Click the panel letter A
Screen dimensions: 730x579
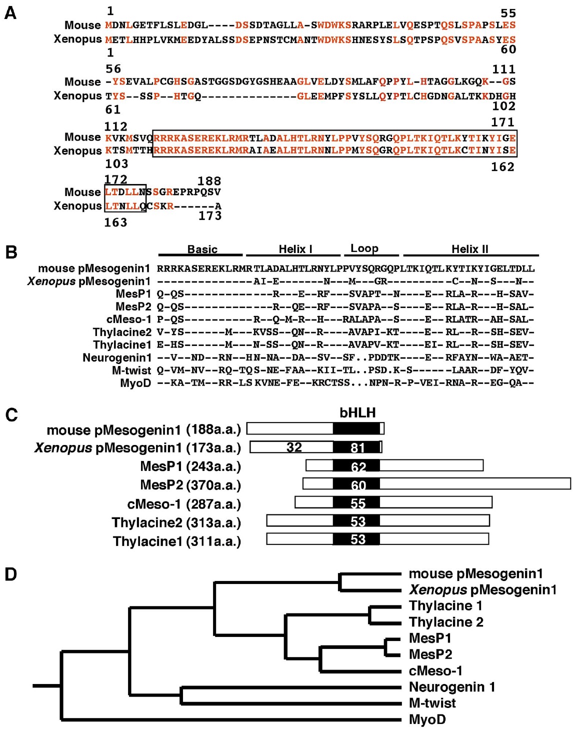(x=10, y=13)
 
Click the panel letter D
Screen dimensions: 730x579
(x=10, y=574)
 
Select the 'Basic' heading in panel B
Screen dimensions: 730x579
(x=202, y=249)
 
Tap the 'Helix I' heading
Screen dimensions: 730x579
(x=295, y=249)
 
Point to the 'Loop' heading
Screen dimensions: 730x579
(x=364, y=248)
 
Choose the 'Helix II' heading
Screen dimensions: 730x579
(x=469, y=249)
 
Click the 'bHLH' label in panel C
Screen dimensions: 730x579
(x=357, y=412)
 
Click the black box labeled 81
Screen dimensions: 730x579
(x=357, y=447)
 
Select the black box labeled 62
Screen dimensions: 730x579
(x=357, y=466)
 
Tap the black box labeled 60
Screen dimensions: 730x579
(x=357, y=484)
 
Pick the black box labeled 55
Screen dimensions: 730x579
(x=357, y=503)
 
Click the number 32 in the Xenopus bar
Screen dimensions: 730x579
(x=294, y=447)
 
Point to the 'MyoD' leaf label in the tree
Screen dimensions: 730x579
(x=427, y=719)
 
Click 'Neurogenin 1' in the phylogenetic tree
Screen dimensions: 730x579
(x=452, y=687)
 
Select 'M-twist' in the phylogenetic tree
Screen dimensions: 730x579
(x=432, y=703)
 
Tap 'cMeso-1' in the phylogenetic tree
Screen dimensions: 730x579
(x=435, y=670)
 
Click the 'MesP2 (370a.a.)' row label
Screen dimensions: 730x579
(x=190, y=485)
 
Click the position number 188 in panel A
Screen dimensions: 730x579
(x=209, y=181)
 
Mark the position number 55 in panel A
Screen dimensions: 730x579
(x=508, y=13)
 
